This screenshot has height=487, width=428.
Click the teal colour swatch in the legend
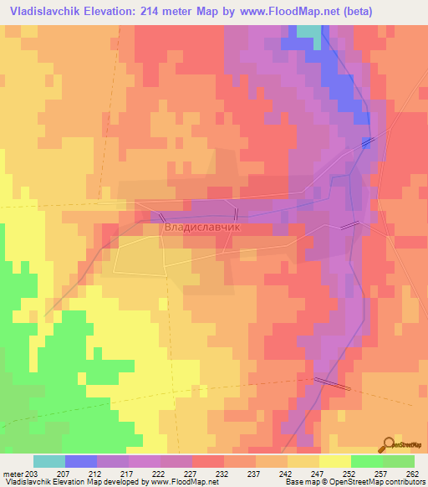coord(49,461)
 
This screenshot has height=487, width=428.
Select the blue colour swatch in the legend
coord(81,461)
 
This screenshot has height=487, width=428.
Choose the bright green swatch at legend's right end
coord(399,461)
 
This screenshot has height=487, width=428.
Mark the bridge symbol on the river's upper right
coord(367,144)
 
